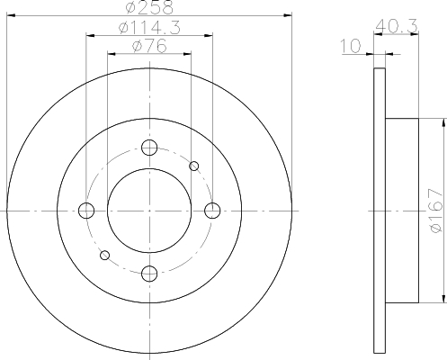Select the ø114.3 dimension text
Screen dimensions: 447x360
pos(149,28)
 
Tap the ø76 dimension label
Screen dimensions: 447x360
pos(149,46)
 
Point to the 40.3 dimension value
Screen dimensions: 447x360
pos(396,26)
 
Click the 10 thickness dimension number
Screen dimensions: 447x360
pos(351,46)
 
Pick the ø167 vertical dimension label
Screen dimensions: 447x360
pos(436,210)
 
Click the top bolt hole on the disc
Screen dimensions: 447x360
pos(149,148)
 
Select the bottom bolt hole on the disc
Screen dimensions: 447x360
pos(149,274)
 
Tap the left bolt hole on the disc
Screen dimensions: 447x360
pos(86,211)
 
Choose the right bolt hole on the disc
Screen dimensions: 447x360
pos(212,211)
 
